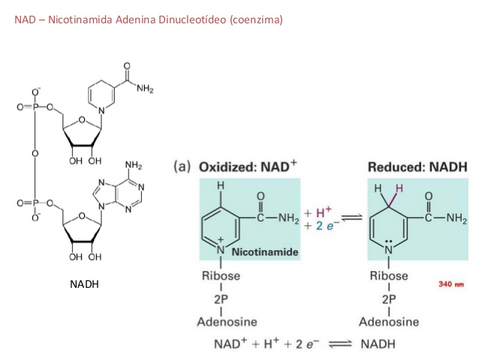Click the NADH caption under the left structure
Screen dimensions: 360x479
(83, 285)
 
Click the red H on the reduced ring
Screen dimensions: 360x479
(400, 187)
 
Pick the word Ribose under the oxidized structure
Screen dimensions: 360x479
(221, 276)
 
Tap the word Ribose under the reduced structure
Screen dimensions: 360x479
(390, 276)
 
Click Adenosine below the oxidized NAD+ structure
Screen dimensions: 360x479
(227, 322)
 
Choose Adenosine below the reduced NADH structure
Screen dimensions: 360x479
(389, 322)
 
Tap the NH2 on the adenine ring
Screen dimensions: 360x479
(133, 165)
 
